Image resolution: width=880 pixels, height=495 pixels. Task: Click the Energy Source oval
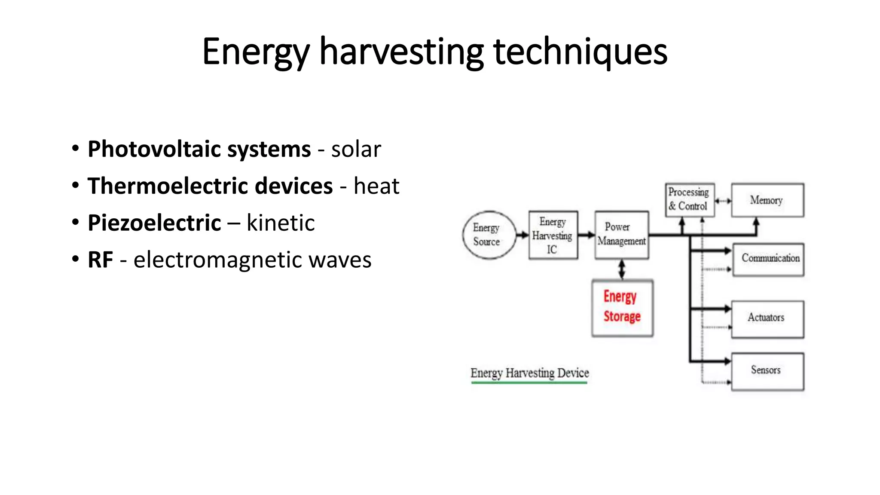coord(489,235)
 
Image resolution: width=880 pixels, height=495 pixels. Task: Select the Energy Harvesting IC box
coord(553,235)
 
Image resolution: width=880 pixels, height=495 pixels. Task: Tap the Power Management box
coord(621,235)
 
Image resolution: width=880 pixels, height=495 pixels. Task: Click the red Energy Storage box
coord(622,308)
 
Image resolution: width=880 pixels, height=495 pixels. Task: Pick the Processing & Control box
coord(689,200)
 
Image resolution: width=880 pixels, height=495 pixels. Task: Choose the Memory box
coord(767,200)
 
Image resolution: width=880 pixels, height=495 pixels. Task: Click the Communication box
coord(768,259)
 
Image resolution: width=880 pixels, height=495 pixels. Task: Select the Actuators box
coord(767,319)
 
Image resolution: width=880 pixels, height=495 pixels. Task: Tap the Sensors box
coord(767,371)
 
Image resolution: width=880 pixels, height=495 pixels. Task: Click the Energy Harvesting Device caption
coord(529,373)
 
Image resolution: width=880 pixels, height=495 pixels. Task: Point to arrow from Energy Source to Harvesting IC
coord(522,235)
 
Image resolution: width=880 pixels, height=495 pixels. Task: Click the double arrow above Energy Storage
coord(622,269)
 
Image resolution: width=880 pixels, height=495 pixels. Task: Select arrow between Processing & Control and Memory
coord(723,201)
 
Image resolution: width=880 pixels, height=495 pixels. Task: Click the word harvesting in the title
coord(401,52)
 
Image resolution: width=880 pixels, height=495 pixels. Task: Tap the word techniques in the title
coord(580,52)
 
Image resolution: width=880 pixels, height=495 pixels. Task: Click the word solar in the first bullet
coord(356,150)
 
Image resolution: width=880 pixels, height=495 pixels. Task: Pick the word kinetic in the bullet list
coord(280,223)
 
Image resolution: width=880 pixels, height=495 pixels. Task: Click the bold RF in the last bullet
coord(100,260)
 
